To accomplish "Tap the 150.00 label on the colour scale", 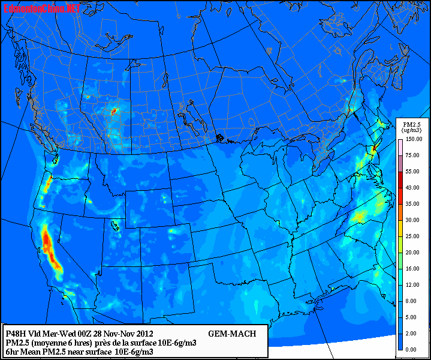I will click(411, 139).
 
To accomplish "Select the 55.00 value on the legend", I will click(411, 172).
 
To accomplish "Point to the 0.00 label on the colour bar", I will click(411, 349).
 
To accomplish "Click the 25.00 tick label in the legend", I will click(411, 236).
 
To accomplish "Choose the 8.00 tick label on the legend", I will click(411, 301).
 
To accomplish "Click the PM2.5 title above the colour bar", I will click(411, 124).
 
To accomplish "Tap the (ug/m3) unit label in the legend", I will click(411, 130).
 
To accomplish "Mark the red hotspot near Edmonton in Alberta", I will click(114, 111).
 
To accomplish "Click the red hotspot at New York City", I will click(374, 148).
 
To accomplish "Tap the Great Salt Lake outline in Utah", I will click(114, 226).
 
